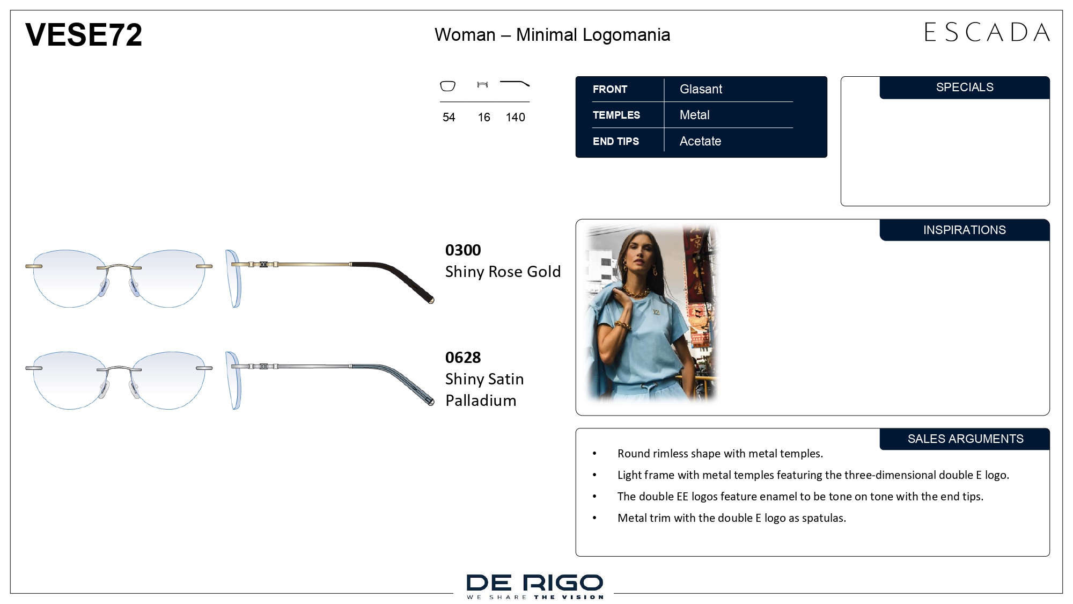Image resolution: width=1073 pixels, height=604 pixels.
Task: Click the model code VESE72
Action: click(x=84, y=35)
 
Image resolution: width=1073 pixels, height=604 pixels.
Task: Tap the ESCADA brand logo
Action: click(x=987, y=32)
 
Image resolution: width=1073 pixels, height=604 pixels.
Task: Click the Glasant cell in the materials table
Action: click(x=701, y=89)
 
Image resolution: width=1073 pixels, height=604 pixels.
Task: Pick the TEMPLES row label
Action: click(x=616, y=115)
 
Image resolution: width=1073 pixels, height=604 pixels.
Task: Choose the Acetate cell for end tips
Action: click(x=700, y=141)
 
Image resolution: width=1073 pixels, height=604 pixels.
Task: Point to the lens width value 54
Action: click(x=449, y=117)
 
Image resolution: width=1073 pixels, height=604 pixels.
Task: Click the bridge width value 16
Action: click(x=484, y=117)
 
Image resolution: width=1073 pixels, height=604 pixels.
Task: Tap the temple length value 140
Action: click(x=515, y=117)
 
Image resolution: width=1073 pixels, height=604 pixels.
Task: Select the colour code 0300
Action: click(x=463, y=250)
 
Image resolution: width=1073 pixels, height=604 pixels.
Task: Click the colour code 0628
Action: click(x=463, y=358)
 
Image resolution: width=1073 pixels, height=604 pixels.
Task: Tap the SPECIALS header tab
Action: click(x=965, y=88)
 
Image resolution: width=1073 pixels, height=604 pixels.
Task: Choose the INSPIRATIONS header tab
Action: click(x=965, y=230)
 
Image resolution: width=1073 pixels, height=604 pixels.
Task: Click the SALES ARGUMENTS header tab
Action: click(x=965, y=439)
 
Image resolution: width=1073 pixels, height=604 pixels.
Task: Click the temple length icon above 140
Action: click(x=515, y=83)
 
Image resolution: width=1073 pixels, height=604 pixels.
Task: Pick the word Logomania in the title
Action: click(x=626, y=35)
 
